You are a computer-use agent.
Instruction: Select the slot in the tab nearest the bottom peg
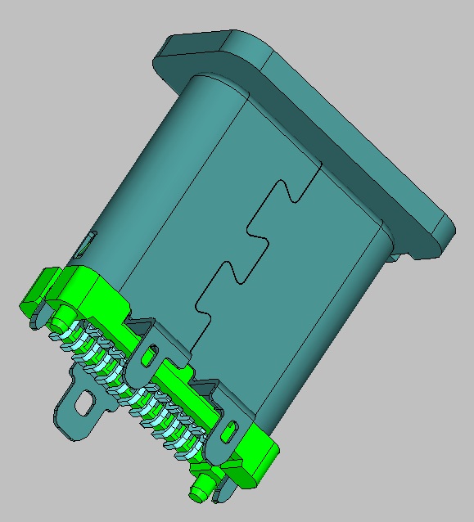(231, 427)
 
